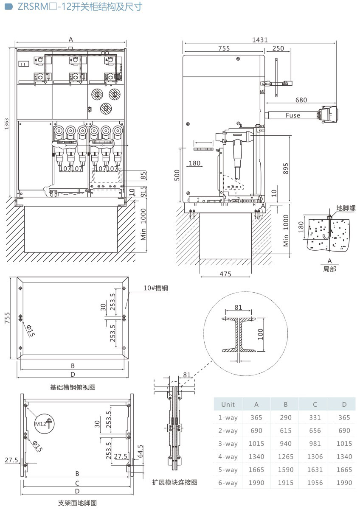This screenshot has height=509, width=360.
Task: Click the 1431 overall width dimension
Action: point(259,40)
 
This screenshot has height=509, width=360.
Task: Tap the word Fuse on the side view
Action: point(292,115)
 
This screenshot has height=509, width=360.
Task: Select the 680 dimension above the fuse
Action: point(301,100)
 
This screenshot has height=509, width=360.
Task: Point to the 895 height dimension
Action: point(286,169)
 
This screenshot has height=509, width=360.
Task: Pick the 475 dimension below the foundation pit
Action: point(225,274)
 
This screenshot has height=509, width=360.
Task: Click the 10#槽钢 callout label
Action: point(156,288)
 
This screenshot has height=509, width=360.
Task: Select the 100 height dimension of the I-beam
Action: point(261,334)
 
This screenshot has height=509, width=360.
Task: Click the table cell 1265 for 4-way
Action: point(285,456)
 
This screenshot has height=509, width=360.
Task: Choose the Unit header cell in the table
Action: point(228,404)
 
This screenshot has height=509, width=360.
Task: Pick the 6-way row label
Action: point(228,483)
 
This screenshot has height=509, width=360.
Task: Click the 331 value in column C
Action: point(315,417)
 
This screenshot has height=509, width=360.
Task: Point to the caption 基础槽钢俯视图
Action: point(73,387)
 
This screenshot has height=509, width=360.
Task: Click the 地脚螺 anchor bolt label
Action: point(346,208)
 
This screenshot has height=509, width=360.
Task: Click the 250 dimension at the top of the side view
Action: point(278,48)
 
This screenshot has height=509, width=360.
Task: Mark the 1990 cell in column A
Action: point(256,483)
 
